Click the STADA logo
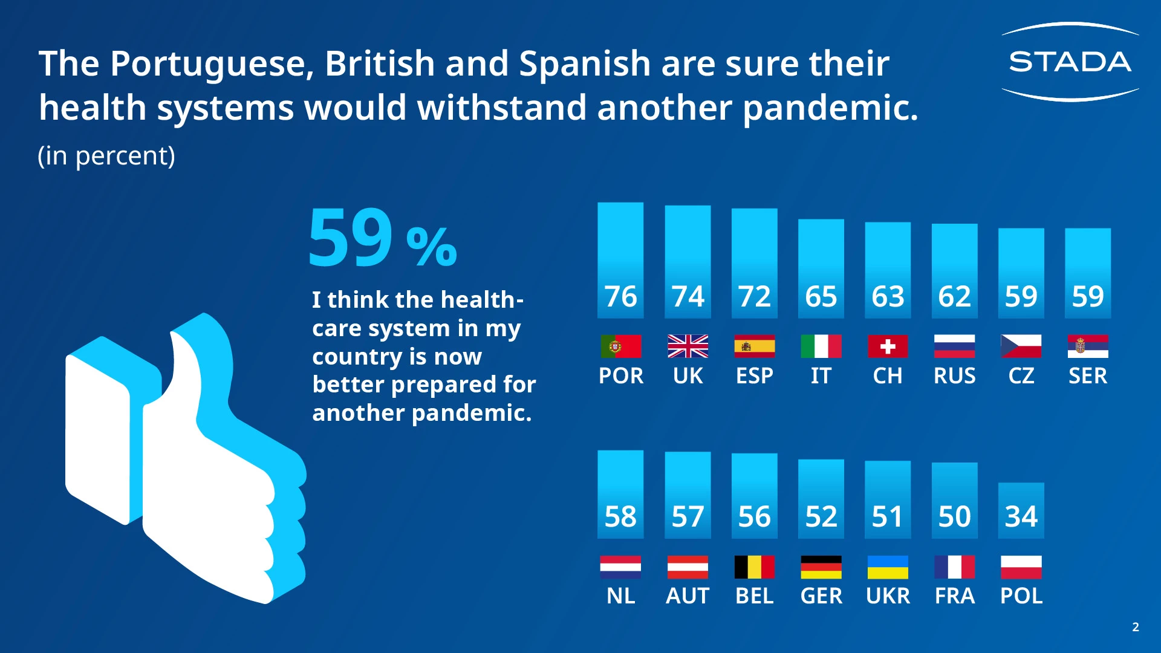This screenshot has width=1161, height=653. (1070, 62)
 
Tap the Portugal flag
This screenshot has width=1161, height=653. (620, 346)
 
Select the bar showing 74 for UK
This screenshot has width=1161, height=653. (688, 261)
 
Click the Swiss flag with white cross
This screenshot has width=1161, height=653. (887, 346)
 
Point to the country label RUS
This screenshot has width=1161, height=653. (954, 376)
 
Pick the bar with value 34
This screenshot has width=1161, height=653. (1021, 510)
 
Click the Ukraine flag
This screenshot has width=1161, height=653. (887, 567)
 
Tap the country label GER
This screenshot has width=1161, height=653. (821, 596)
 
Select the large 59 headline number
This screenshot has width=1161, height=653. (351, 237)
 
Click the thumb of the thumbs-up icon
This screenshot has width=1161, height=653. (193, 363)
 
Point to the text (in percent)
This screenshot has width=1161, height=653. (106, 156)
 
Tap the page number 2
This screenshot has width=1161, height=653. (1135, 627)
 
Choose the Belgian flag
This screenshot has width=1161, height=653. (754, 567)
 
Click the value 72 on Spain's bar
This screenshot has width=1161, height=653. (754, 296)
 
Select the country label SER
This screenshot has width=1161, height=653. (1087, 376)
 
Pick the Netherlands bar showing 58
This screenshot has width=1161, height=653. (620, 494)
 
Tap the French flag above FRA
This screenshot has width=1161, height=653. (954, 567)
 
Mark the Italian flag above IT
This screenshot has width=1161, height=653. (821, 346)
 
